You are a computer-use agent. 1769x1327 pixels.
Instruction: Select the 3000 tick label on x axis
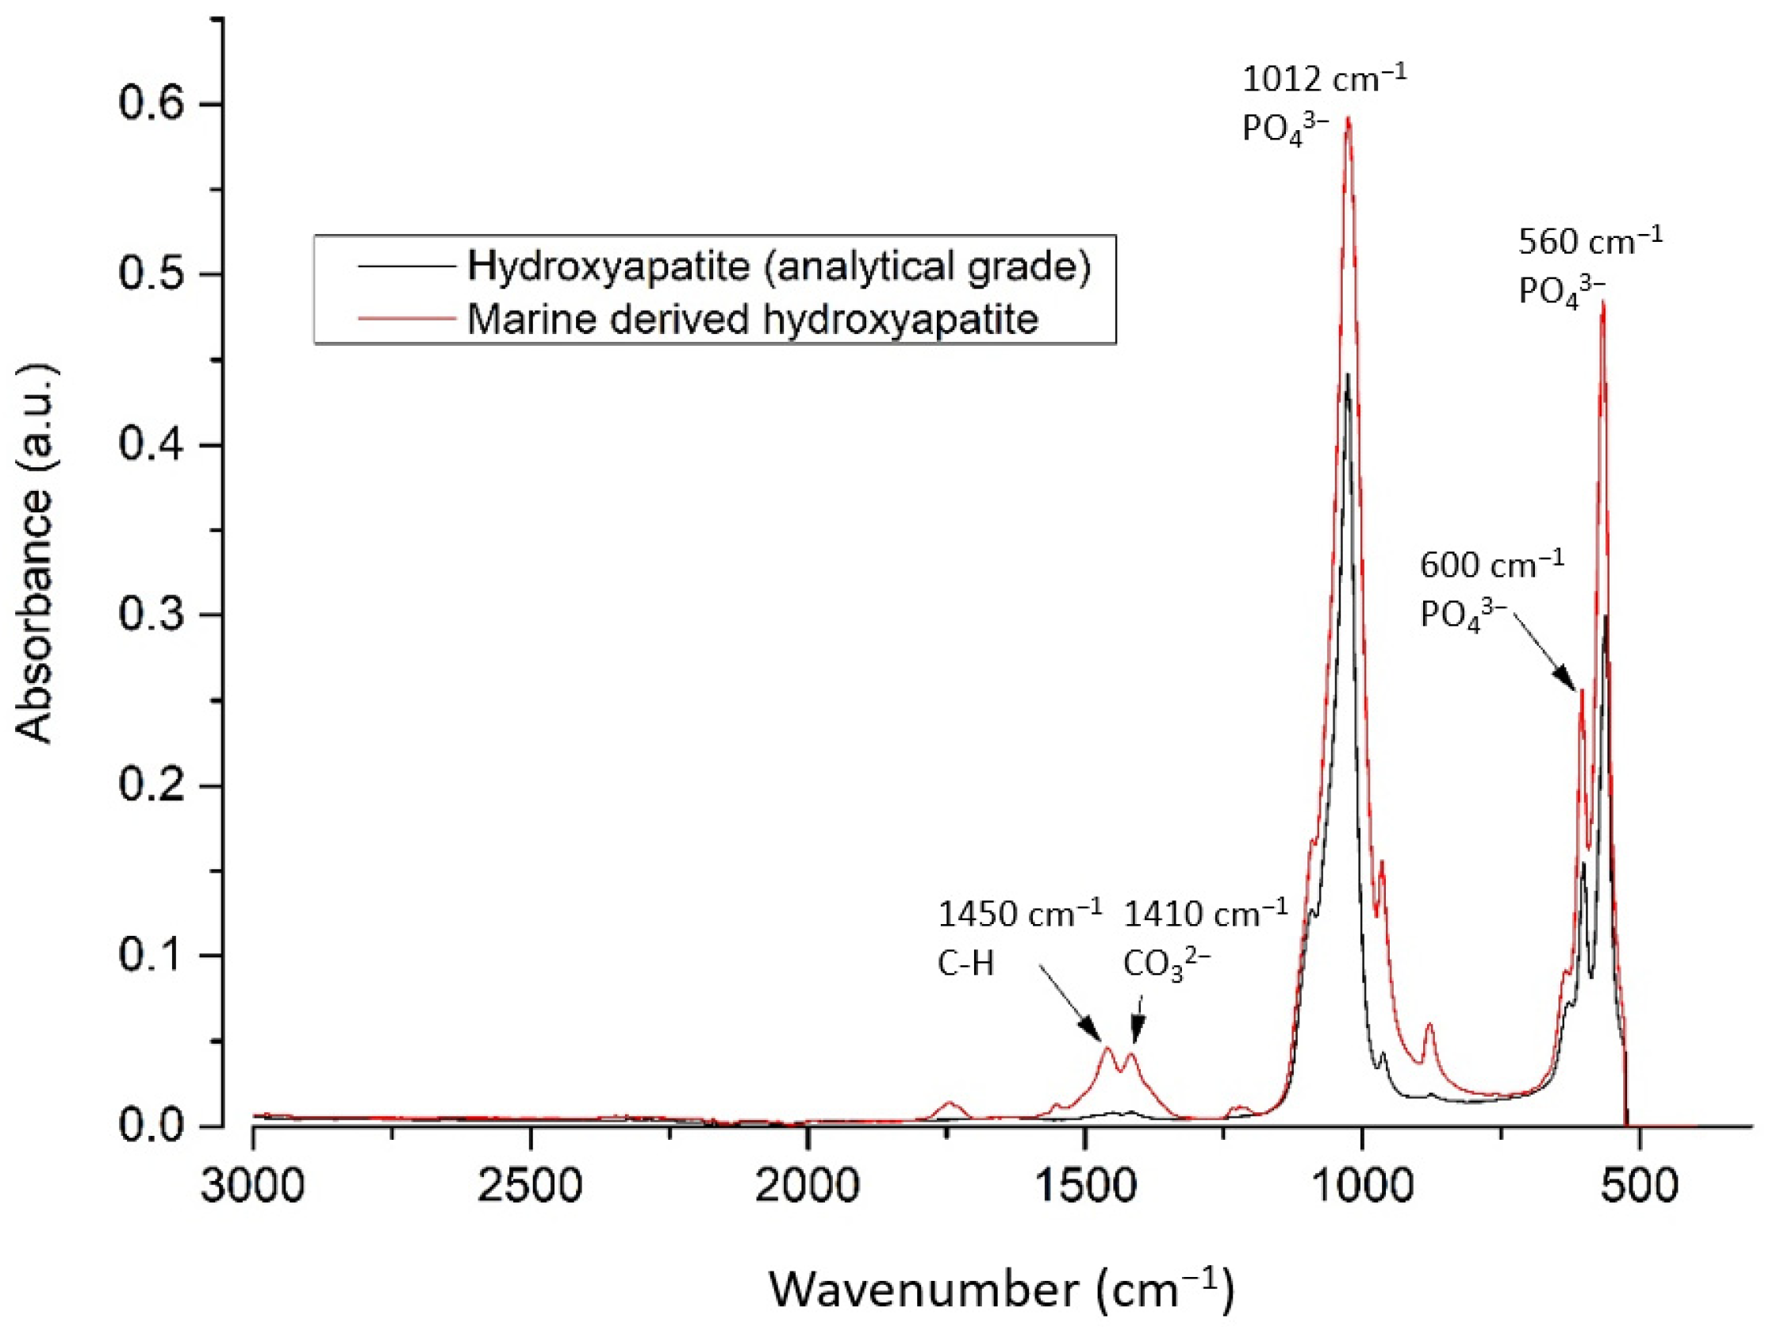click(x=253, y=1186)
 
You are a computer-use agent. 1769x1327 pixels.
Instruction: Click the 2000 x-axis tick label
click(x=807, y=1186)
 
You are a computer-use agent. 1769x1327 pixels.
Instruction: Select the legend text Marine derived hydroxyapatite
click(x=752, y=319)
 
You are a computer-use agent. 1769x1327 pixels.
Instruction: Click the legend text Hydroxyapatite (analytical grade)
click(x=779, y=267)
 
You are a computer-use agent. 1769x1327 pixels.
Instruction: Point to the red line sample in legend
click(x=406, y=318)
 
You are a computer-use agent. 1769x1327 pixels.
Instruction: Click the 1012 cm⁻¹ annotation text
click(x=1323, y=80)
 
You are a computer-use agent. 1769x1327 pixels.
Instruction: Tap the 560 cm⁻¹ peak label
click(x=1589, y=241)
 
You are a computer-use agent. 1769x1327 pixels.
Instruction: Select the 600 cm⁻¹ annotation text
click(x=1491, y=566)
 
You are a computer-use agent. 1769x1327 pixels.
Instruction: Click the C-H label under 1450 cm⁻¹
click(x=965, y=965)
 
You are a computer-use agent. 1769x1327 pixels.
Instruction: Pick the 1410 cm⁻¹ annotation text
click(x=1205, y=914)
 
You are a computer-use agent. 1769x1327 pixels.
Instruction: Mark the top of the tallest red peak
click(x=1349, y=117)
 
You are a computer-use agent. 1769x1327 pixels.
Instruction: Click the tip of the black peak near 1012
click(x=1348, y=374)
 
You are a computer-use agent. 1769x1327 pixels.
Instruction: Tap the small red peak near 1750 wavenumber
click(x=950, y=1103)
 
